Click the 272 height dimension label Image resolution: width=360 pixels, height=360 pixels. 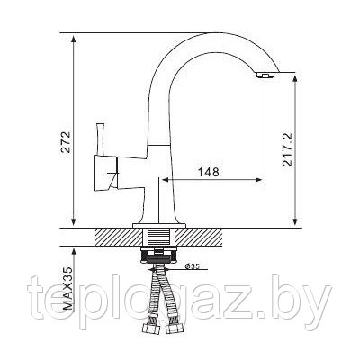[67, 142]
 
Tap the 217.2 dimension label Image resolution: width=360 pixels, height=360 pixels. [288, 150]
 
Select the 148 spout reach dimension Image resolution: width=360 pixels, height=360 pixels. [209, 172]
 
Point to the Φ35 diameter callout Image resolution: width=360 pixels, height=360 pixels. [193, 265]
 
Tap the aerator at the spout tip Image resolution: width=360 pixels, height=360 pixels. [265, 76]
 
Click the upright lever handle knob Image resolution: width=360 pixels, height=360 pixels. [100, 139]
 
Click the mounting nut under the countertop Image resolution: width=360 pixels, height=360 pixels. [158, 255]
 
